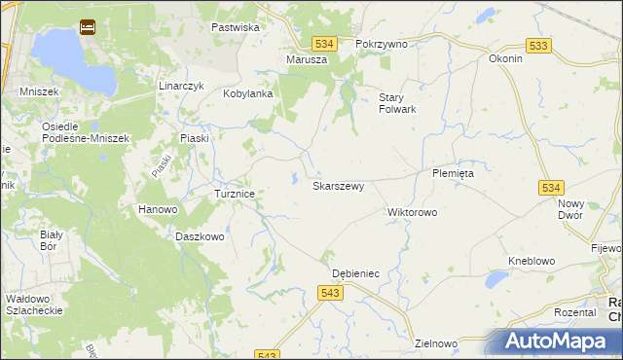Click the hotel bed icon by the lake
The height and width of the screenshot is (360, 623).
87,27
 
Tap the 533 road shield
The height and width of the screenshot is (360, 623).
538,46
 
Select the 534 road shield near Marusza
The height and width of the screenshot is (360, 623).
324,44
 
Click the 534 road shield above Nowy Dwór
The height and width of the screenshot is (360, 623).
552,187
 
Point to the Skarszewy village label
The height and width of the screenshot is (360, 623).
338,185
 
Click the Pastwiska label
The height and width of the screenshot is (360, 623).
236,27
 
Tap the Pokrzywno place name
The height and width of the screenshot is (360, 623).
382,44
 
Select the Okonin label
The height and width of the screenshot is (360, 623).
506,58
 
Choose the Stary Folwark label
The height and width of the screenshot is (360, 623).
397,103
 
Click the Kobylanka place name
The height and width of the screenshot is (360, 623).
247,93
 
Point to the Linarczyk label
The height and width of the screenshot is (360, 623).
181,86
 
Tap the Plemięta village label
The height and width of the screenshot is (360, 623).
453,173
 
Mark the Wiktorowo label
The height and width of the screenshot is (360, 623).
413,211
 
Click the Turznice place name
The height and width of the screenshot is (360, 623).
235,194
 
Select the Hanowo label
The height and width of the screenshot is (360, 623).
158,209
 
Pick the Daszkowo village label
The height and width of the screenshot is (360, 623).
201,236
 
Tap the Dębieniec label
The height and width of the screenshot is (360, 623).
355,273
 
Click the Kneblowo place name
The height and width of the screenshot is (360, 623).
531,261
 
